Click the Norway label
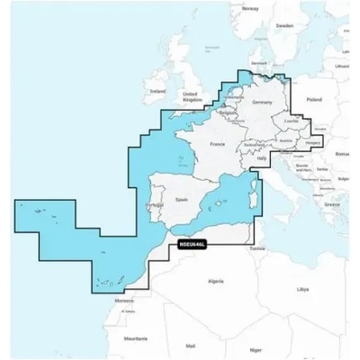[250, 8]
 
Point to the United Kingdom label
[191, 96]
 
